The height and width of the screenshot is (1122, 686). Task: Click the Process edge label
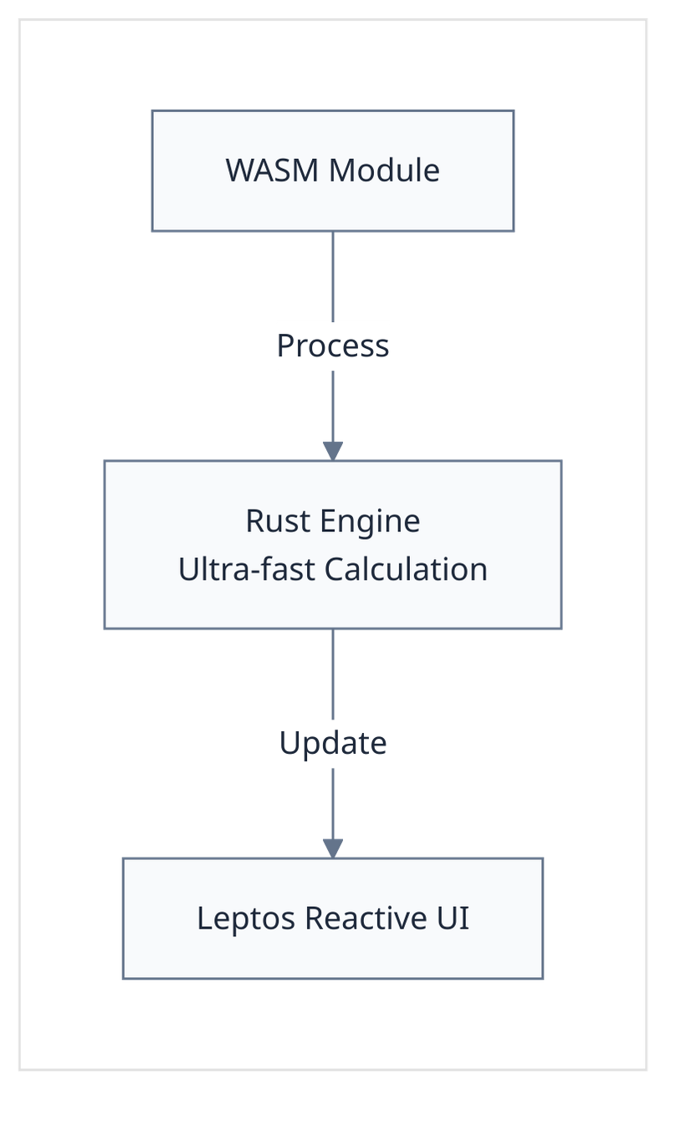click(332, 346)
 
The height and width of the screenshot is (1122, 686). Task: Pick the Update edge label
click(332, 743)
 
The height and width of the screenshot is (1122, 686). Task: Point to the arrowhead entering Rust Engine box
click(333, 450)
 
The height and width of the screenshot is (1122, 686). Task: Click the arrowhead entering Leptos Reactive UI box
click(333, 848)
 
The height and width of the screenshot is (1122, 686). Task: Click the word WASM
click(273, 171)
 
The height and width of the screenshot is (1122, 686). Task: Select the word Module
click(384, 171)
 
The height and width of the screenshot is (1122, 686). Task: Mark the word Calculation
click(406, 569)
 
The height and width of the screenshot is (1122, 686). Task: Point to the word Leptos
click(246, 919)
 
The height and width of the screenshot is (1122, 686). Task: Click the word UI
click(453, 918)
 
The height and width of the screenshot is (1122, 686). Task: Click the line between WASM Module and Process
click(333, 276)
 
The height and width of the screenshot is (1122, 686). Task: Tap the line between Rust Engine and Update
click(333, 674)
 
